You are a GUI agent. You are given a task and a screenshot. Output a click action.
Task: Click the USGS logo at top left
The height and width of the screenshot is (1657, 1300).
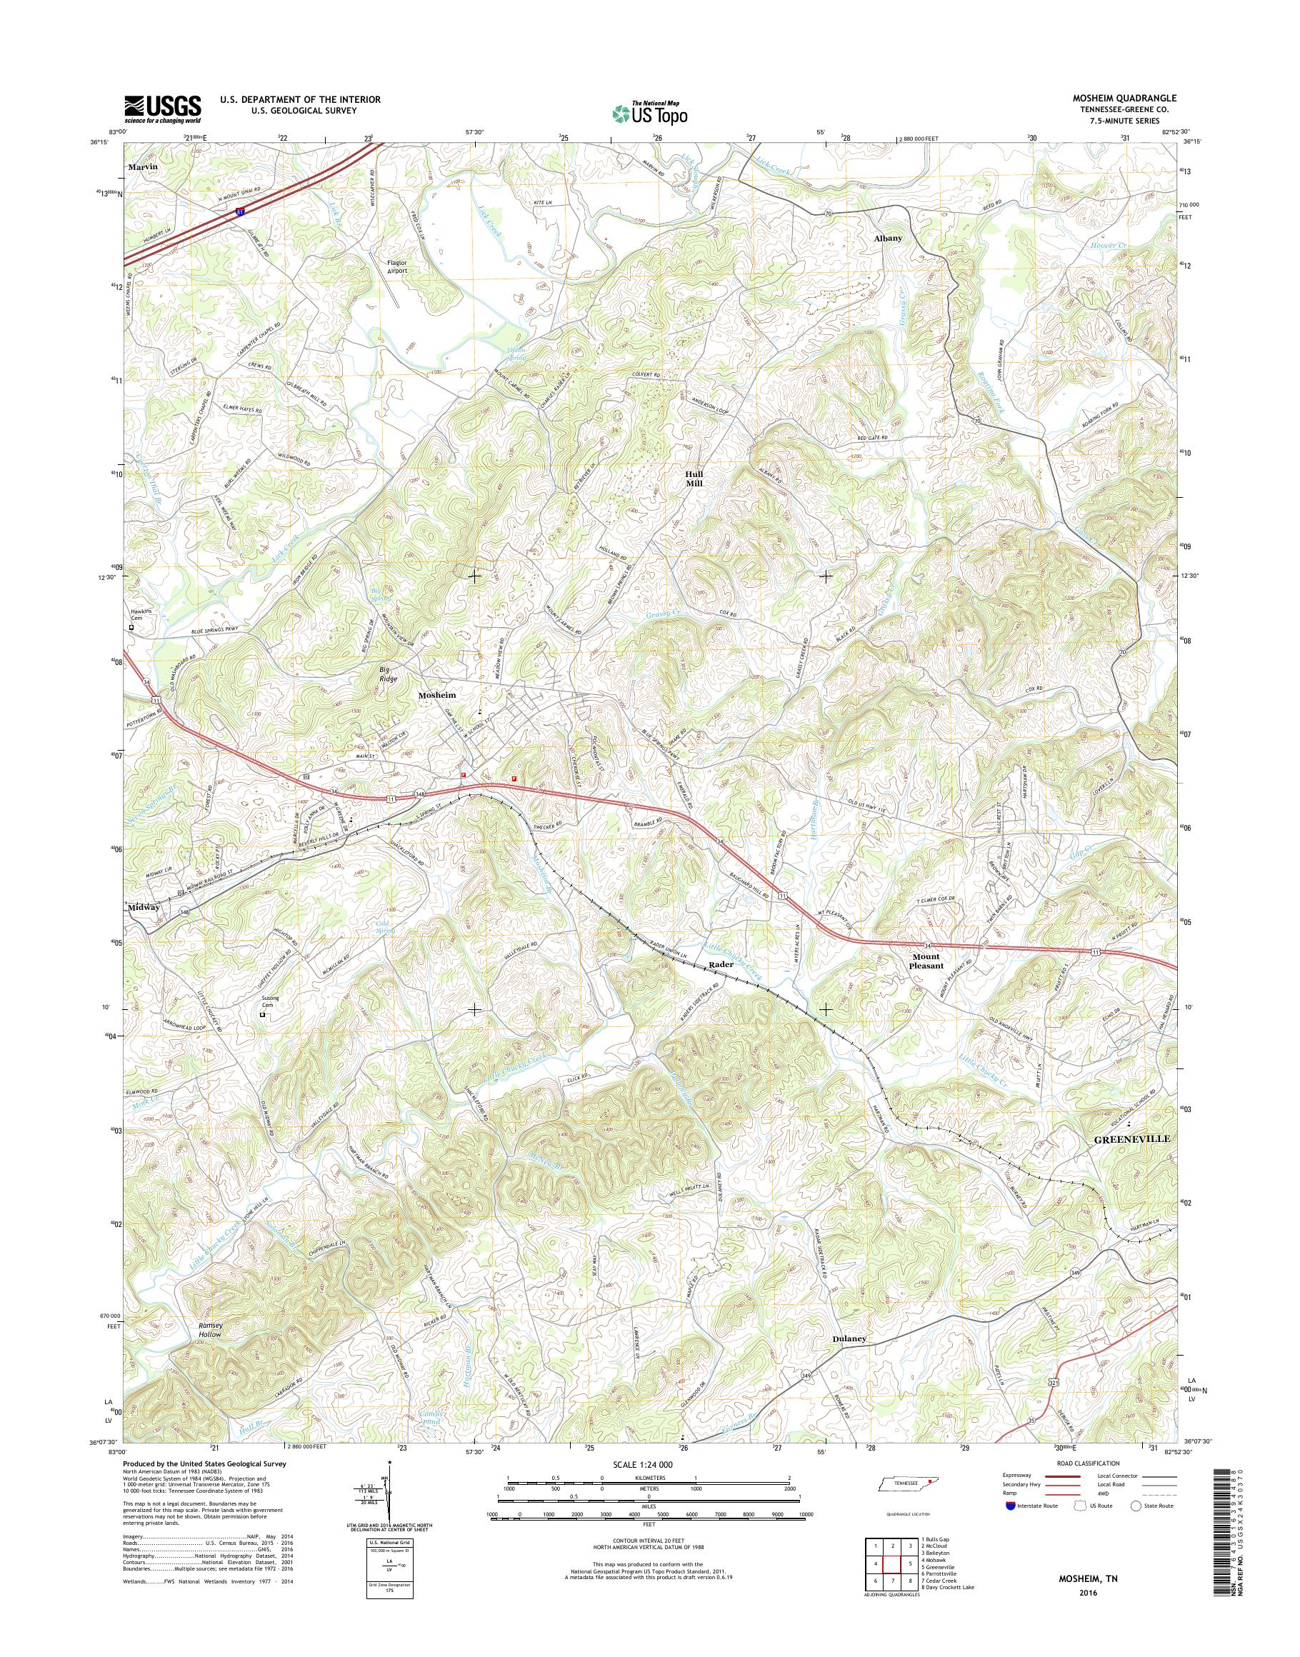163,109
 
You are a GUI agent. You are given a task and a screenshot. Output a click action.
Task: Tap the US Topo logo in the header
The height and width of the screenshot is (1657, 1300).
649,114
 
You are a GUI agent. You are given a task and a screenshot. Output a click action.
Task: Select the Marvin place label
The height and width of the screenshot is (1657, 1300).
141,165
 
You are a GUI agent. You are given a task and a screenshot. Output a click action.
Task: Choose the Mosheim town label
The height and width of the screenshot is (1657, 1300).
438,695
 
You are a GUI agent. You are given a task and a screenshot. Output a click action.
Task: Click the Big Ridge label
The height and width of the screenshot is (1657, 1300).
389,674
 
